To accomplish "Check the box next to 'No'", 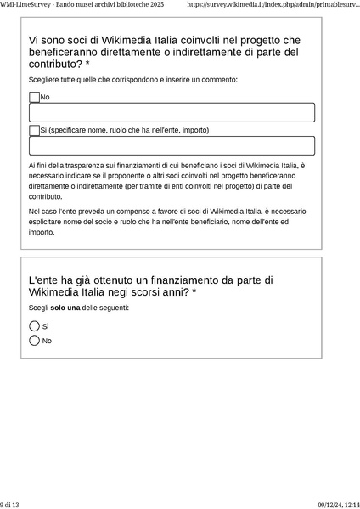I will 35,98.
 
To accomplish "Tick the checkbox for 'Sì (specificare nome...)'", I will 35,130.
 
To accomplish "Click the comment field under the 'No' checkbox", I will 172,112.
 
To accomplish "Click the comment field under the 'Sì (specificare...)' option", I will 172,145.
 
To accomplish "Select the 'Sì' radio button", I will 35,325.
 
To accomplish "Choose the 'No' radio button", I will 35,341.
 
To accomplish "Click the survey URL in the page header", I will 272,5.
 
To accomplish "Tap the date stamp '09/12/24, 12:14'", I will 338,504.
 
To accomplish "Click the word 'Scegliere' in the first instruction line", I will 46,80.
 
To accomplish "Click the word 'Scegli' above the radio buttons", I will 39,308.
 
